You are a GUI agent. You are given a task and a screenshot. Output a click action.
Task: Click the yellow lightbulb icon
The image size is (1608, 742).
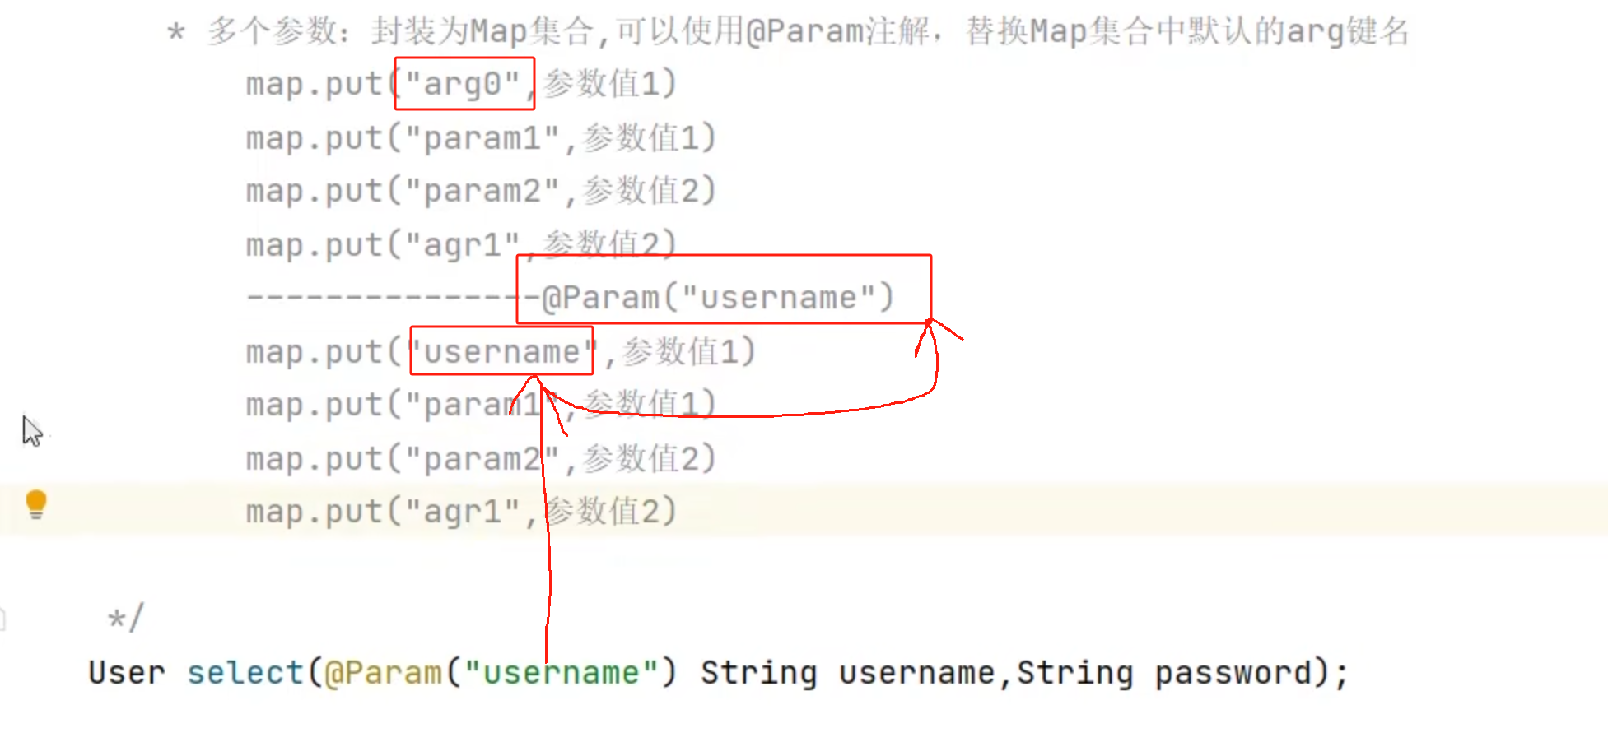tap(36, 504)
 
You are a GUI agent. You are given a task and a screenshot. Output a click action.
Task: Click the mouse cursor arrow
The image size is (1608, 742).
tap(31, 431)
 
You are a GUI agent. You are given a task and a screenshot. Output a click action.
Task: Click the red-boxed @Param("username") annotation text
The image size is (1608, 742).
tap(718, 297)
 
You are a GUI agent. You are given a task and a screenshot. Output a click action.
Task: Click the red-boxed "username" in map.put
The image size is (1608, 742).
tap(501, 351)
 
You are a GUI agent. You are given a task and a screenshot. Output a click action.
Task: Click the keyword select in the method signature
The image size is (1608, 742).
tap(245, 672)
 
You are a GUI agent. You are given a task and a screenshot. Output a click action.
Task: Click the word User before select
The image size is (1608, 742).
tap(127, 672)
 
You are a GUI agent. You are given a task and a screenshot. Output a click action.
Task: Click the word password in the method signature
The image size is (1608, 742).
tap(1233, 673)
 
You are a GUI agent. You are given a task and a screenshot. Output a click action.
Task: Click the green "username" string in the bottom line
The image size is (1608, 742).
tap(561, 672)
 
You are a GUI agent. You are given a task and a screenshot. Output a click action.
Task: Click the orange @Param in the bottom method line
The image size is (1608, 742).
tap(384, 672)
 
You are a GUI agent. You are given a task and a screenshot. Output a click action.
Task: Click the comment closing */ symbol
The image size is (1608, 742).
tap(126, 617)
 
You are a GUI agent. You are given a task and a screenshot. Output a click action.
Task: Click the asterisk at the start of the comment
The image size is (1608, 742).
tap(175, 33)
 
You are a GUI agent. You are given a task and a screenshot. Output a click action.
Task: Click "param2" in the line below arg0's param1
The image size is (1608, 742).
tap(482, 191)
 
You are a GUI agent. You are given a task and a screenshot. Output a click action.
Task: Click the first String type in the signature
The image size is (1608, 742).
tap(758, 673)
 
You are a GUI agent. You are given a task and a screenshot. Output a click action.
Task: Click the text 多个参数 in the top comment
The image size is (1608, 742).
tap(273, 31)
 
